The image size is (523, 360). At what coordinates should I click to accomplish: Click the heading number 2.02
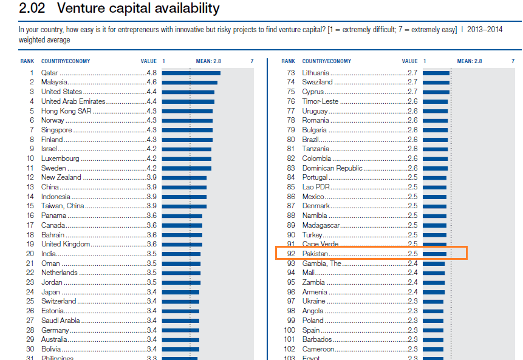coord(30,9)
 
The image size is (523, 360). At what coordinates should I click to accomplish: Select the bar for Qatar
coord(191,73)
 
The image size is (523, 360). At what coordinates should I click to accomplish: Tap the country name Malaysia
coord(54,82)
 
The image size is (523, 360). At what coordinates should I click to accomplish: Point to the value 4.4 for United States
coord(151,92)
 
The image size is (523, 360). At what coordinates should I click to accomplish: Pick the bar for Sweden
coord(186,168)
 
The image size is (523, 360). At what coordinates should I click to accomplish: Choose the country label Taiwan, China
coord(63,206)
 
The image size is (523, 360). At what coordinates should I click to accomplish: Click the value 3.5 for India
coord(151,254)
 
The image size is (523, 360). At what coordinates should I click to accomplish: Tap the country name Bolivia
coord(51,348)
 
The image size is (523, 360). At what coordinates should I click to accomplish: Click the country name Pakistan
coord(315,254)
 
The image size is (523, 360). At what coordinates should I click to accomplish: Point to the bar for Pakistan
coord(434,254)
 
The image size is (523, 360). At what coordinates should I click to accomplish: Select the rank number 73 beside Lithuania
coord(290,73)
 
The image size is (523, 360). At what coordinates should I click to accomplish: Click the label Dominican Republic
coord(332,168)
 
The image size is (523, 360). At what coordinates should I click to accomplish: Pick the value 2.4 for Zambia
coord(412,282)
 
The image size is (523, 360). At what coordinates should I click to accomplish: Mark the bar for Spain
coord(433,330)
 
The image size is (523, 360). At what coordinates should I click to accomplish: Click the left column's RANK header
coord(27,61)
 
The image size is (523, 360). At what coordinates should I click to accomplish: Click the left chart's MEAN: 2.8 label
coord(208,61)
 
